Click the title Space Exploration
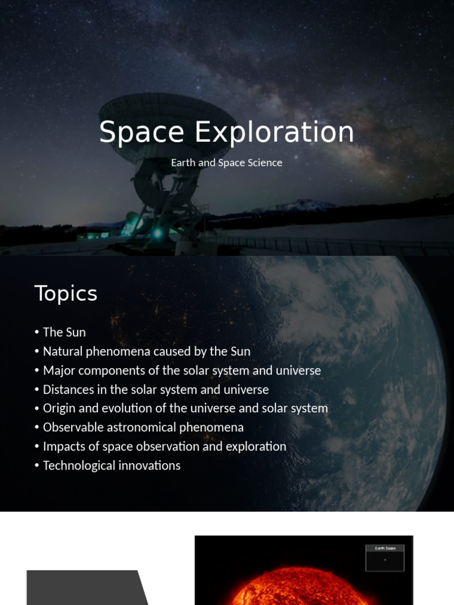pos(226,132)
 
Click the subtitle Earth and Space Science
pos(226,162)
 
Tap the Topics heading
pos(66,294)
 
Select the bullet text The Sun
pos(64,332)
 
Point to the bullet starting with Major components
pos(181,370)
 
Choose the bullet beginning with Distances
pos(155,389)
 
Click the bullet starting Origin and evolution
pos(185,408)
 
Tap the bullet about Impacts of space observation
pos(164,446)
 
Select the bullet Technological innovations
pos(112,465)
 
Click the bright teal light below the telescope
pos(157,233)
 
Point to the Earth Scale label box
pos(385,557)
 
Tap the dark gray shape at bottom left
pos(83,588)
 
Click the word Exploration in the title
pos(274,132)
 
